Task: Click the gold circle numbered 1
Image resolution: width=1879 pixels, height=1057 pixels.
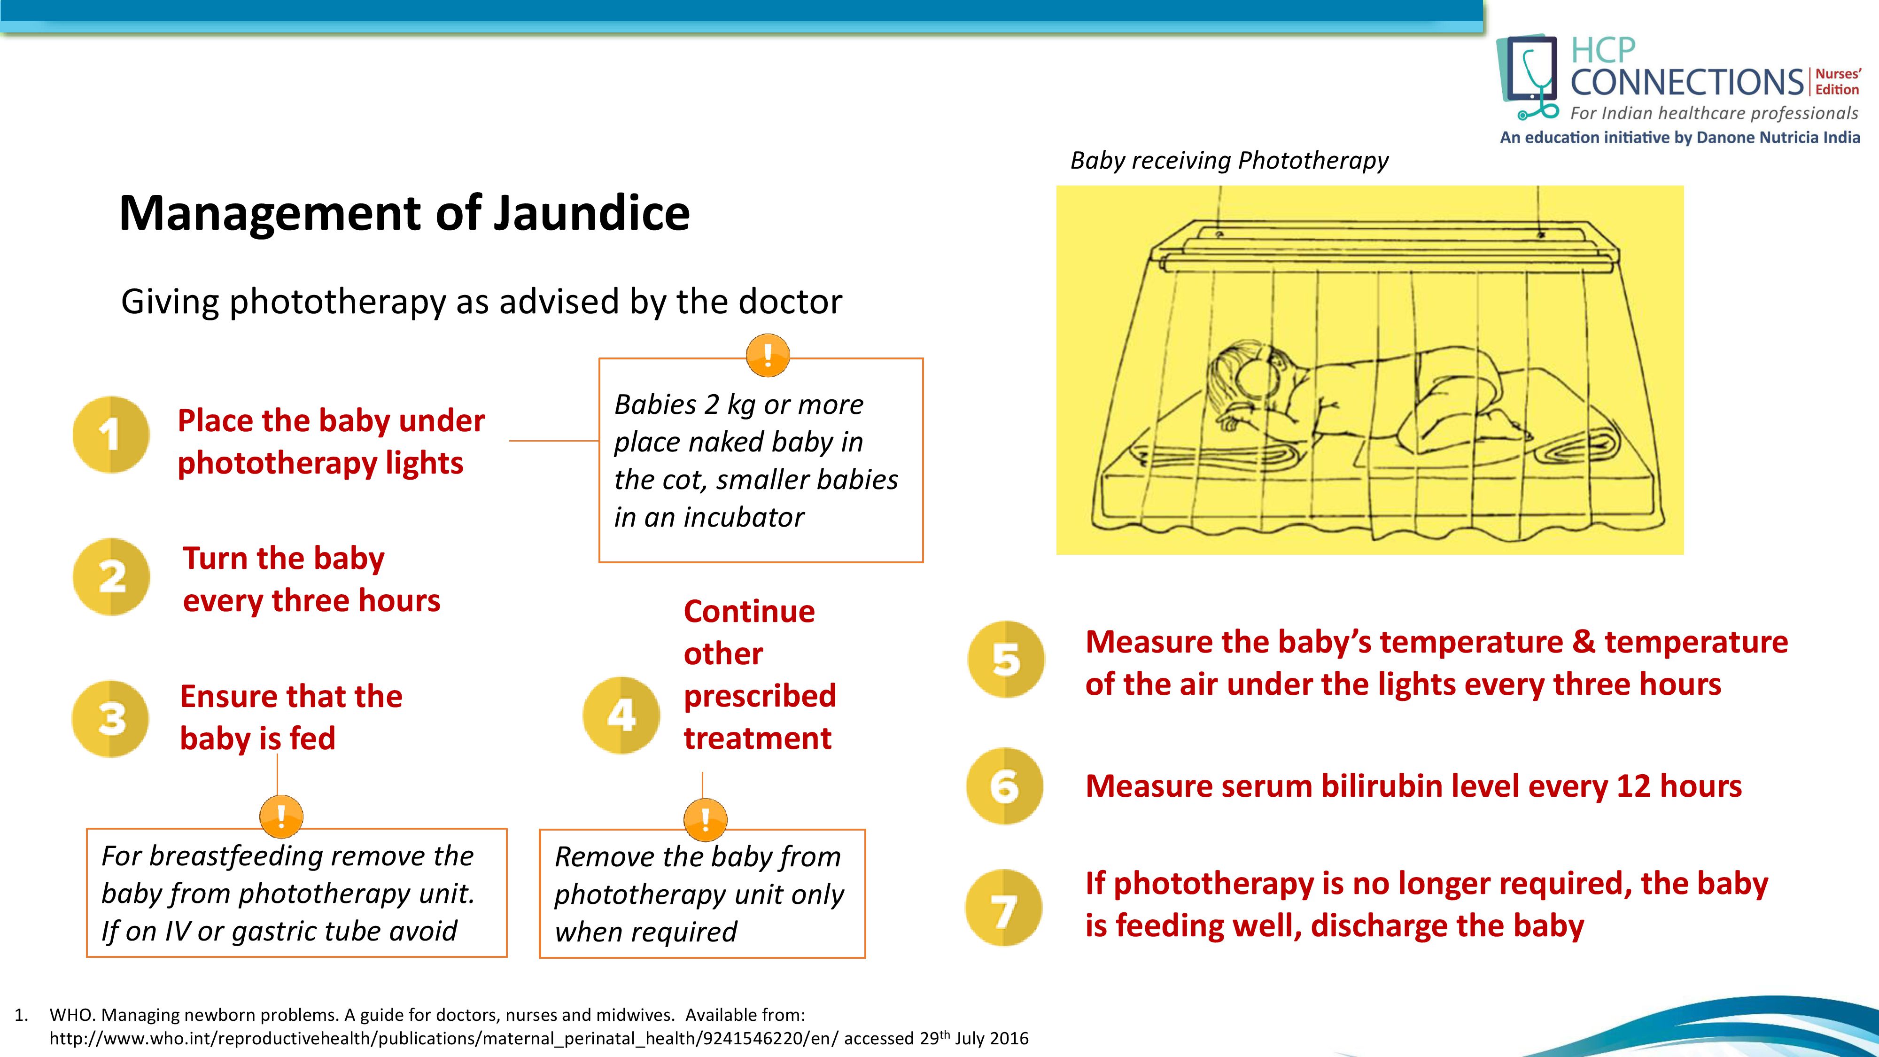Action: tap(111, 435)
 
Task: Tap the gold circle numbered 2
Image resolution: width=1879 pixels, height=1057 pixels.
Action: tap(111, 577)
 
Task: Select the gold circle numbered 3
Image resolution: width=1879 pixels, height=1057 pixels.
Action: tap(110, 719)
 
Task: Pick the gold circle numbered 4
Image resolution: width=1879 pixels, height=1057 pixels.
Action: tap(621, 715)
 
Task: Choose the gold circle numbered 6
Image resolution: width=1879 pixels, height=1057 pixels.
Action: tap(1004, 785)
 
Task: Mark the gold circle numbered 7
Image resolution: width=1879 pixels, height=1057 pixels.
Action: tap(1004, 908)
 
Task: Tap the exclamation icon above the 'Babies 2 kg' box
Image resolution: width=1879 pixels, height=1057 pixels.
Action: tap(768, 355)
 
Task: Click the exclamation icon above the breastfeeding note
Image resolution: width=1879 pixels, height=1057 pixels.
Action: tap(281, 816)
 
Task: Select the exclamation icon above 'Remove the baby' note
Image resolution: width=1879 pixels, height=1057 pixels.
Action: tap(705, 819)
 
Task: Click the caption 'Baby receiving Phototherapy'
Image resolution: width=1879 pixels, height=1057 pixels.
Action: tap(1229, 161)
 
